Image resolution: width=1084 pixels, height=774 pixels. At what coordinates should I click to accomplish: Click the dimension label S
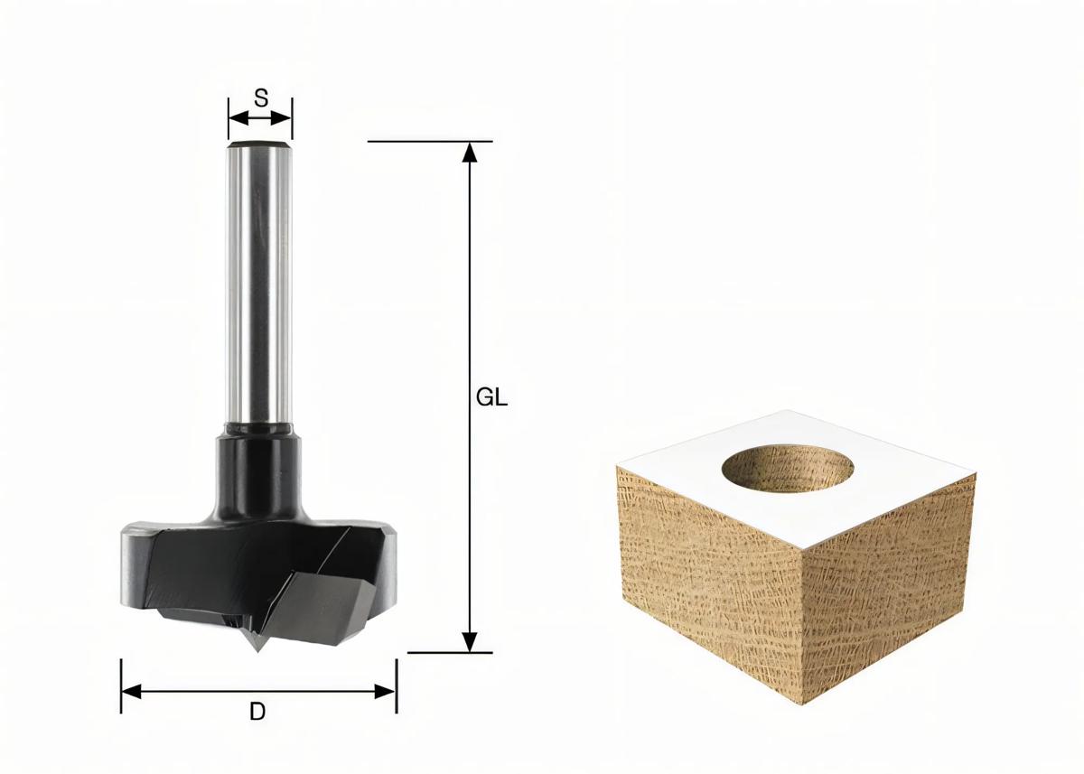point(260,98)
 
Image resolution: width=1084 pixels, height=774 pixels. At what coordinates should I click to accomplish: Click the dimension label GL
point(491,397)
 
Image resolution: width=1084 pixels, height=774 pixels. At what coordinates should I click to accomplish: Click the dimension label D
point(257,712)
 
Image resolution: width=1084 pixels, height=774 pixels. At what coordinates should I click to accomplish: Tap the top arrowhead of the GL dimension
point(469,152)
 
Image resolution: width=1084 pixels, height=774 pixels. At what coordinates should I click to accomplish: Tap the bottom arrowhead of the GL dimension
point(469,641)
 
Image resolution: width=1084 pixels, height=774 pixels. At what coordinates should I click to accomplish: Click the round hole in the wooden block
point(789,467)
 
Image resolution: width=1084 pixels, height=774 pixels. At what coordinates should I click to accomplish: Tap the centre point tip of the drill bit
point(257,648)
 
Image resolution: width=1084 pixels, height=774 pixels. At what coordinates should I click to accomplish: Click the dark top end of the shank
point(260,143)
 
